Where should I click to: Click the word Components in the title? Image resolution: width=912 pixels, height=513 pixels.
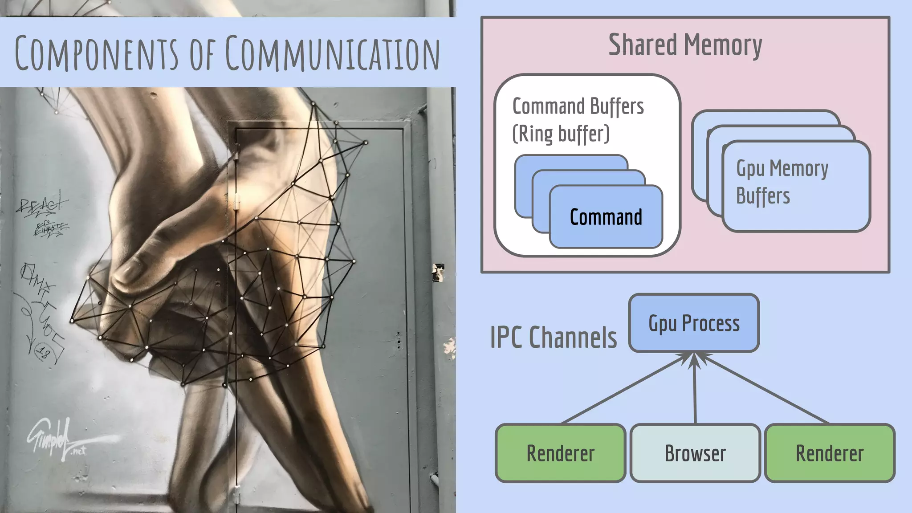(x=96, y=53)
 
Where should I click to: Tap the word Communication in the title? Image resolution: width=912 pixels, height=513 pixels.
(x=332, y=53)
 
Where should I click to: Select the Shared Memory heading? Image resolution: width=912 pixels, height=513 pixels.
(x=685, y=45)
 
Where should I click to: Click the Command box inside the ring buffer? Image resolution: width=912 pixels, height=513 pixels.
(x=606, y=217)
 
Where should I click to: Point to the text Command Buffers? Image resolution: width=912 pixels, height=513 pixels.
(x=578, y=106)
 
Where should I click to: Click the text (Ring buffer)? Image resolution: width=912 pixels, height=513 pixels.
(x=561, y=134)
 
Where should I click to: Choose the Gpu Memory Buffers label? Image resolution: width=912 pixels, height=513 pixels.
(x=782, y=182)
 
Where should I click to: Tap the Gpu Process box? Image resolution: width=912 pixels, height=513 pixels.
(x=694, y=323)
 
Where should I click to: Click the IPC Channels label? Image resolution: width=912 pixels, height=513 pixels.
(x=554, y=338)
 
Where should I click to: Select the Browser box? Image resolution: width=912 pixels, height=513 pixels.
(x=695, y=453)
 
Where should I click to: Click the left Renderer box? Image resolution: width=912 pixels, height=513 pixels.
(x=561, y=453)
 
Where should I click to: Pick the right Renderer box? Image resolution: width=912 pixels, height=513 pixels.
(x=830, y=453)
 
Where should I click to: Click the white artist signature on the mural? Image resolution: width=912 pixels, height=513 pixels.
(x=51, y=439)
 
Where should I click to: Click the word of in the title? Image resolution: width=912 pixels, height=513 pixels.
(x=203, y=55)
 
